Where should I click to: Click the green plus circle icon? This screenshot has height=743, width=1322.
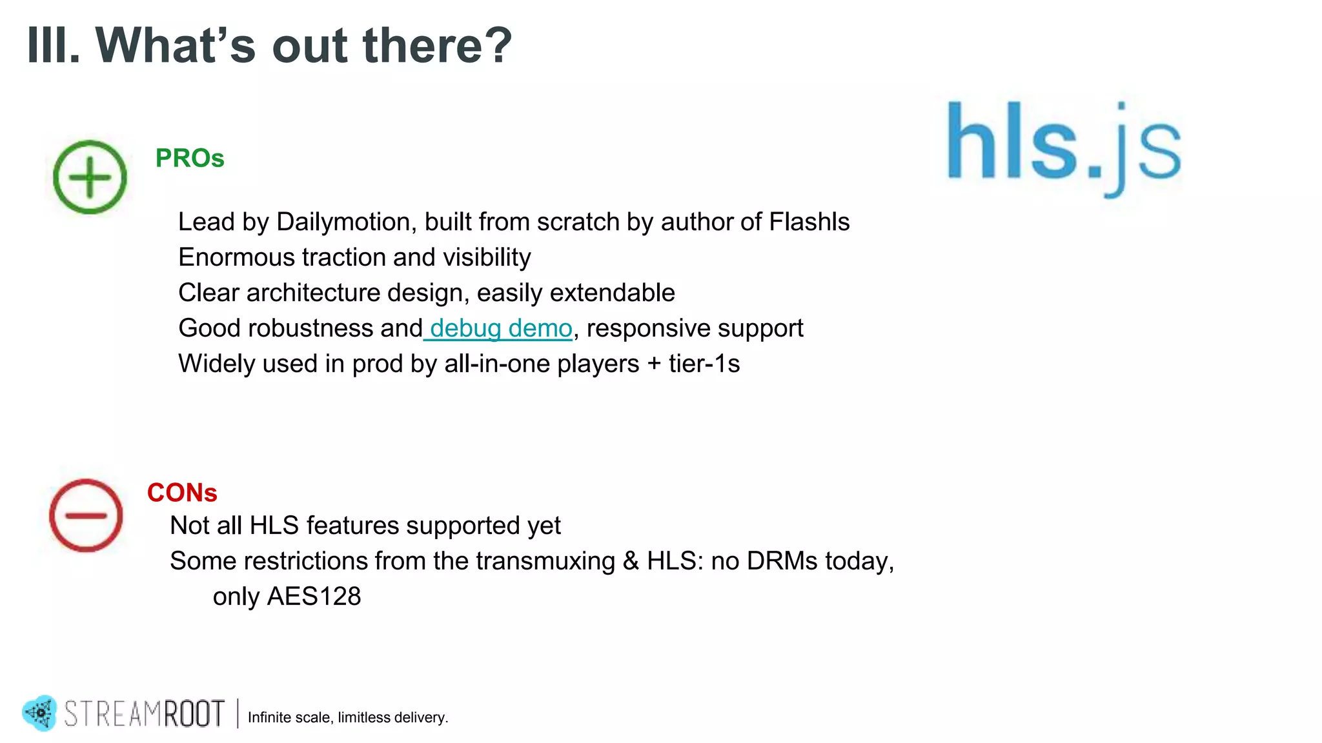pyautogui.click(x=90, y=177)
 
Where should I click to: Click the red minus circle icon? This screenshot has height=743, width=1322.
pyautogui.click(x=86, y=515)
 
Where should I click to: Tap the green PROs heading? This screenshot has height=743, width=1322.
pyautogui.click(x=190, y=158)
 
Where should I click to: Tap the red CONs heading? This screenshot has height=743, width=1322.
pyautogui.click(x=182, y=493)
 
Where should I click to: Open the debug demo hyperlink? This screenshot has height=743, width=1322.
pyautogui.click(x=500, y=328)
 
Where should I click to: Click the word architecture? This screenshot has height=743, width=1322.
pyautogui.click(x=313, y=293)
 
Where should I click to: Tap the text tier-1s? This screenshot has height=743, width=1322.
pyautogui.click(x=704, y=364)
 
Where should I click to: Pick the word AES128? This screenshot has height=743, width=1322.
pyautogui.click(x=314, y=597)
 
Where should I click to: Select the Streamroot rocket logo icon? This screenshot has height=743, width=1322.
pyautogui.click(x=40, y=713)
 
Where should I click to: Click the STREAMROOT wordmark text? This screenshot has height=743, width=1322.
pyautogui.click(x=145, y=714)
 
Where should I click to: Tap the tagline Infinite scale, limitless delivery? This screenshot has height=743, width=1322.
pyautogui.click(x=348, y=718)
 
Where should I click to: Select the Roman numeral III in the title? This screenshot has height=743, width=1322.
pyautogui.click(x=53, y=45)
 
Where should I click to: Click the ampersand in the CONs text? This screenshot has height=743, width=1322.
pyautogui.click(x=631, y=561)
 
